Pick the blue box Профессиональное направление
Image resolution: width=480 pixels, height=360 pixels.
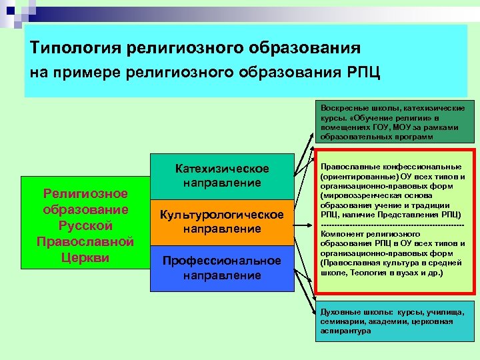(x=222, y=267)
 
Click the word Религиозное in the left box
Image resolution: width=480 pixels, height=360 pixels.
(x=86, y=193)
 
